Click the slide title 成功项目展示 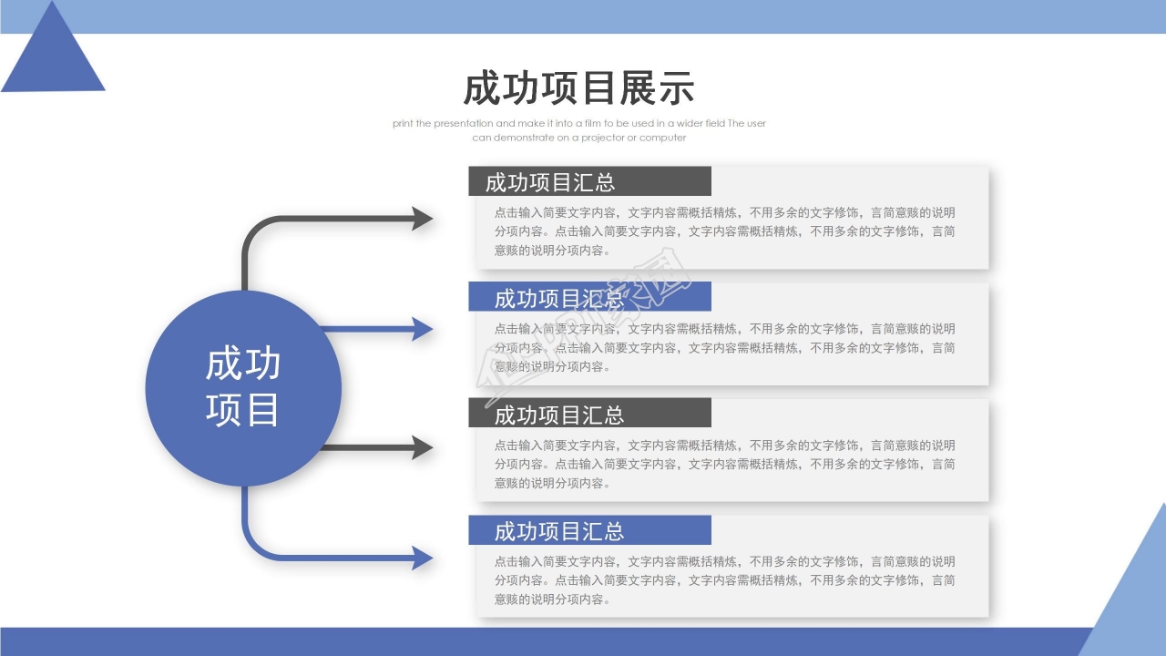[578, 89]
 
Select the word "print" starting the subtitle [403, 123]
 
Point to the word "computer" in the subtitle [662, 138]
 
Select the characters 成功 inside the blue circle [242, 364]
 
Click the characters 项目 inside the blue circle [242, 410]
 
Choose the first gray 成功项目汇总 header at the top [550, 182]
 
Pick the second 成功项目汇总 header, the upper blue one [559, 298]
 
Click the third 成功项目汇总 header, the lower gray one [559, 415]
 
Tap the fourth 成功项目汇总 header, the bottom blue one [559, 531]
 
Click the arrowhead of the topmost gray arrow [422, 219]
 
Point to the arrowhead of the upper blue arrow [422, 329]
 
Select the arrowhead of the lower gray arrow [422, 447]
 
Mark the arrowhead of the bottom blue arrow [422, 558]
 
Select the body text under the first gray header [724, 231]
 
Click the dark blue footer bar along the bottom [547, 641]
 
